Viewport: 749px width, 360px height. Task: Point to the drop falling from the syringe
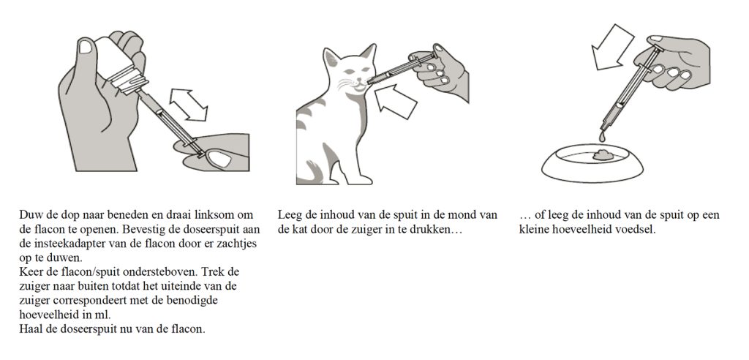(601, 136)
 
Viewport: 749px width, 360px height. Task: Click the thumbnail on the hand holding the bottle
(87, 48)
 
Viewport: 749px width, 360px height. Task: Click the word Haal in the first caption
(31, 329)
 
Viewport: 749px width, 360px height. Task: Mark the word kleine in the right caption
(536, 229)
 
